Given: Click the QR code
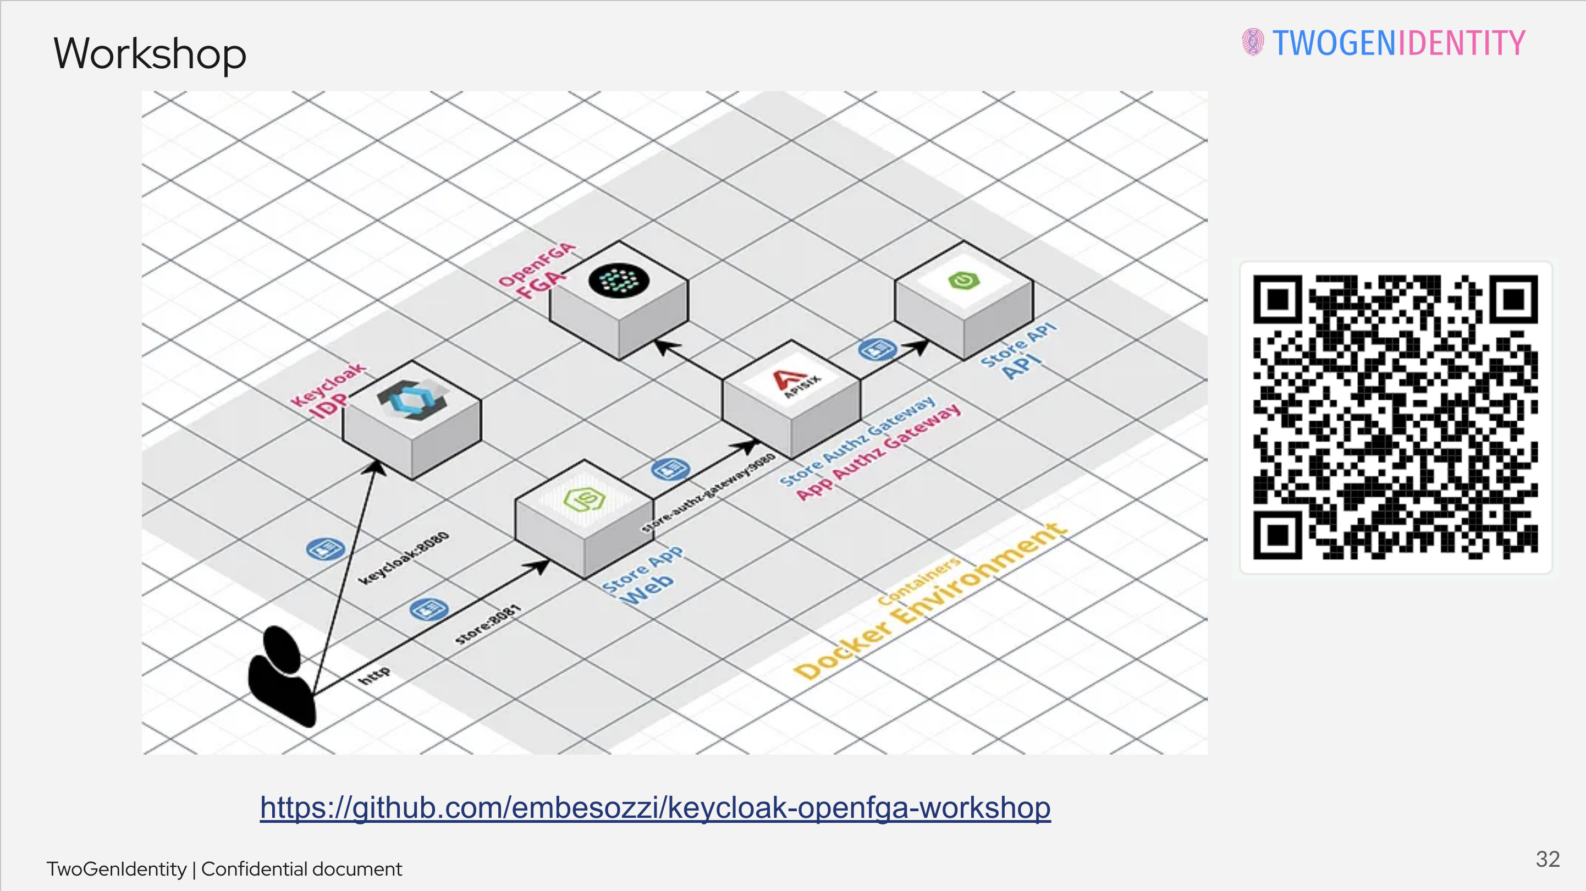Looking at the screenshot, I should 1395,417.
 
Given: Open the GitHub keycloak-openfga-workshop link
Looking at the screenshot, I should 655,807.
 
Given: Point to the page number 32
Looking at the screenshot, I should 1547,859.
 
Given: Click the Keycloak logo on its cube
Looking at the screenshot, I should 411,397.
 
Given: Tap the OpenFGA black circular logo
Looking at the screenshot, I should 618,280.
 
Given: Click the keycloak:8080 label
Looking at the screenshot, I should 404,558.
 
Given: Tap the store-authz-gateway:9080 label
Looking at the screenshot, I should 708,493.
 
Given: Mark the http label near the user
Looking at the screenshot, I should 374,675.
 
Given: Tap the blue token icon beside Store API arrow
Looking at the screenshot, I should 877,349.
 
